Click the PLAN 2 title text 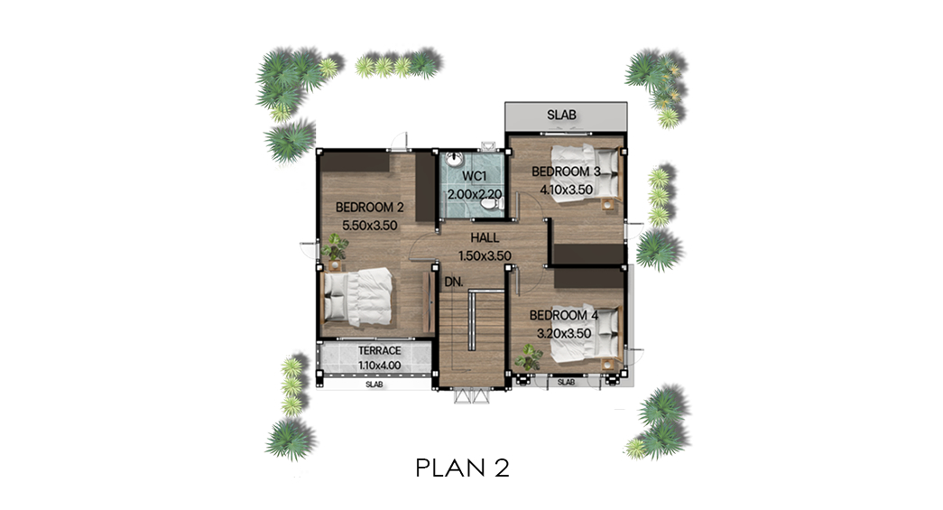[463, 468]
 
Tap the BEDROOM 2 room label [369, 208]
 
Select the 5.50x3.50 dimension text [369, 226]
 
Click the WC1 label [474, 176]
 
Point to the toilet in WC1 [491, 205]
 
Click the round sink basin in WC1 [455, 160]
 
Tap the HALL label [485, 237]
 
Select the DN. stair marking [454, 282]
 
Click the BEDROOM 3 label [566, 172]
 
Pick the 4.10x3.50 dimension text [566, 190]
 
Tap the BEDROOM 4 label [563, 315]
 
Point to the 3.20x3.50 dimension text [563, 333]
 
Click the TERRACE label [380, 350]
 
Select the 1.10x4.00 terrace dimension [380, 365]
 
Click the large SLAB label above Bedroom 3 [561, 115]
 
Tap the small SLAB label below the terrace [374, 385]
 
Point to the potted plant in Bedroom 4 [529, 357]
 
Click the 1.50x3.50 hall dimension [485, 255]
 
